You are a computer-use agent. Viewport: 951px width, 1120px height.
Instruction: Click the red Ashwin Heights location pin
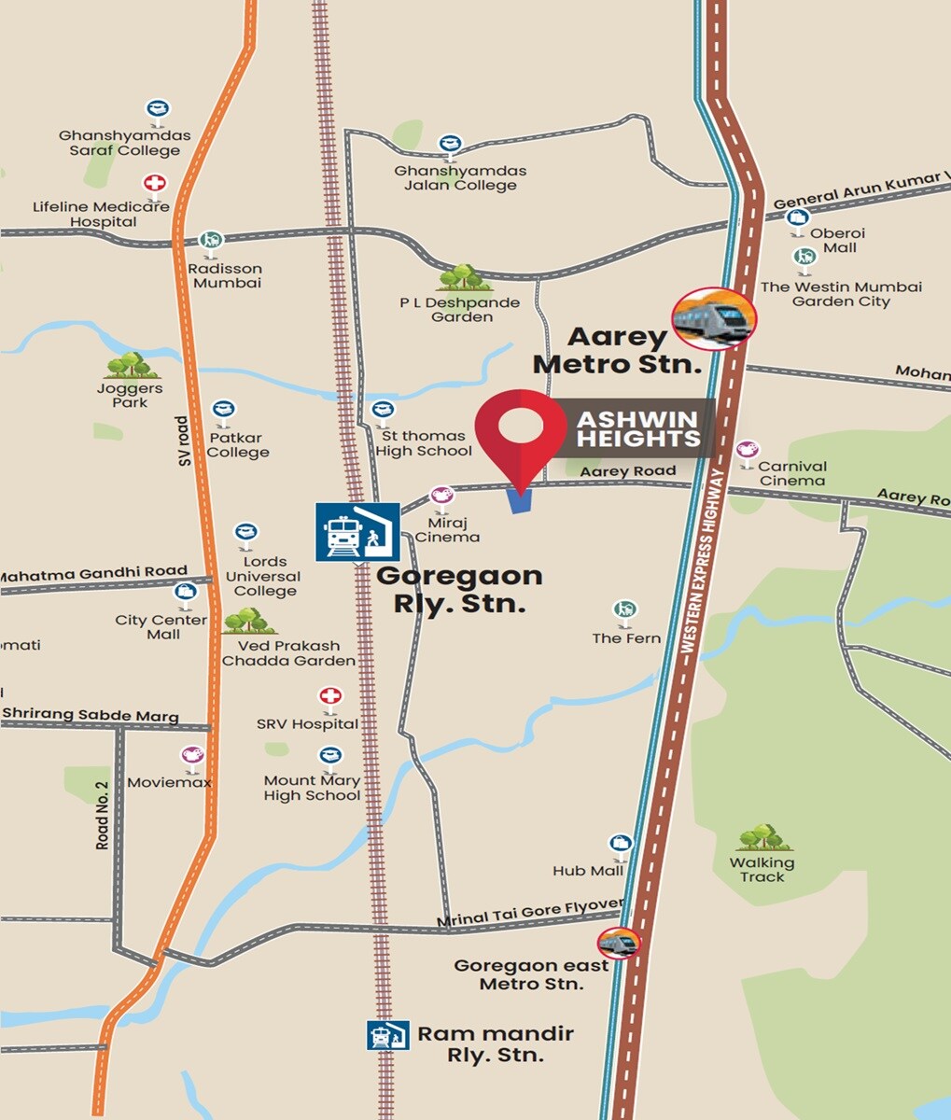[521, 430]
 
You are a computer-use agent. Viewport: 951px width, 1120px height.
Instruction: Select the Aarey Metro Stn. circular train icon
[714, 318]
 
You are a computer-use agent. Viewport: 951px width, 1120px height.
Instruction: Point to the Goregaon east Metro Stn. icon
[620, 943]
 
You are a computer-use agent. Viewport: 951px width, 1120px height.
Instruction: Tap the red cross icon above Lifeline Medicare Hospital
[154, 184]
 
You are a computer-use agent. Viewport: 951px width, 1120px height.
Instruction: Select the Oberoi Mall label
[838, 240]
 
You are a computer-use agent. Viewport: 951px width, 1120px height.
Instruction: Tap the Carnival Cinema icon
[747, 452]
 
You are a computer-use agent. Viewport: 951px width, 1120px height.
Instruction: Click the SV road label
[183, 441]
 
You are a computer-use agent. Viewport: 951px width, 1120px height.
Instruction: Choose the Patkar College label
[238, 445]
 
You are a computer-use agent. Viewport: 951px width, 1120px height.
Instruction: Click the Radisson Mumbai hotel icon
[213, 244]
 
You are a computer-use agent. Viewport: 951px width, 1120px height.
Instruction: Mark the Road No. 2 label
[103, 814]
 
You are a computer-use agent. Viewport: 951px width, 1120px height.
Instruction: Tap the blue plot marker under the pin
[519, 501]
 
